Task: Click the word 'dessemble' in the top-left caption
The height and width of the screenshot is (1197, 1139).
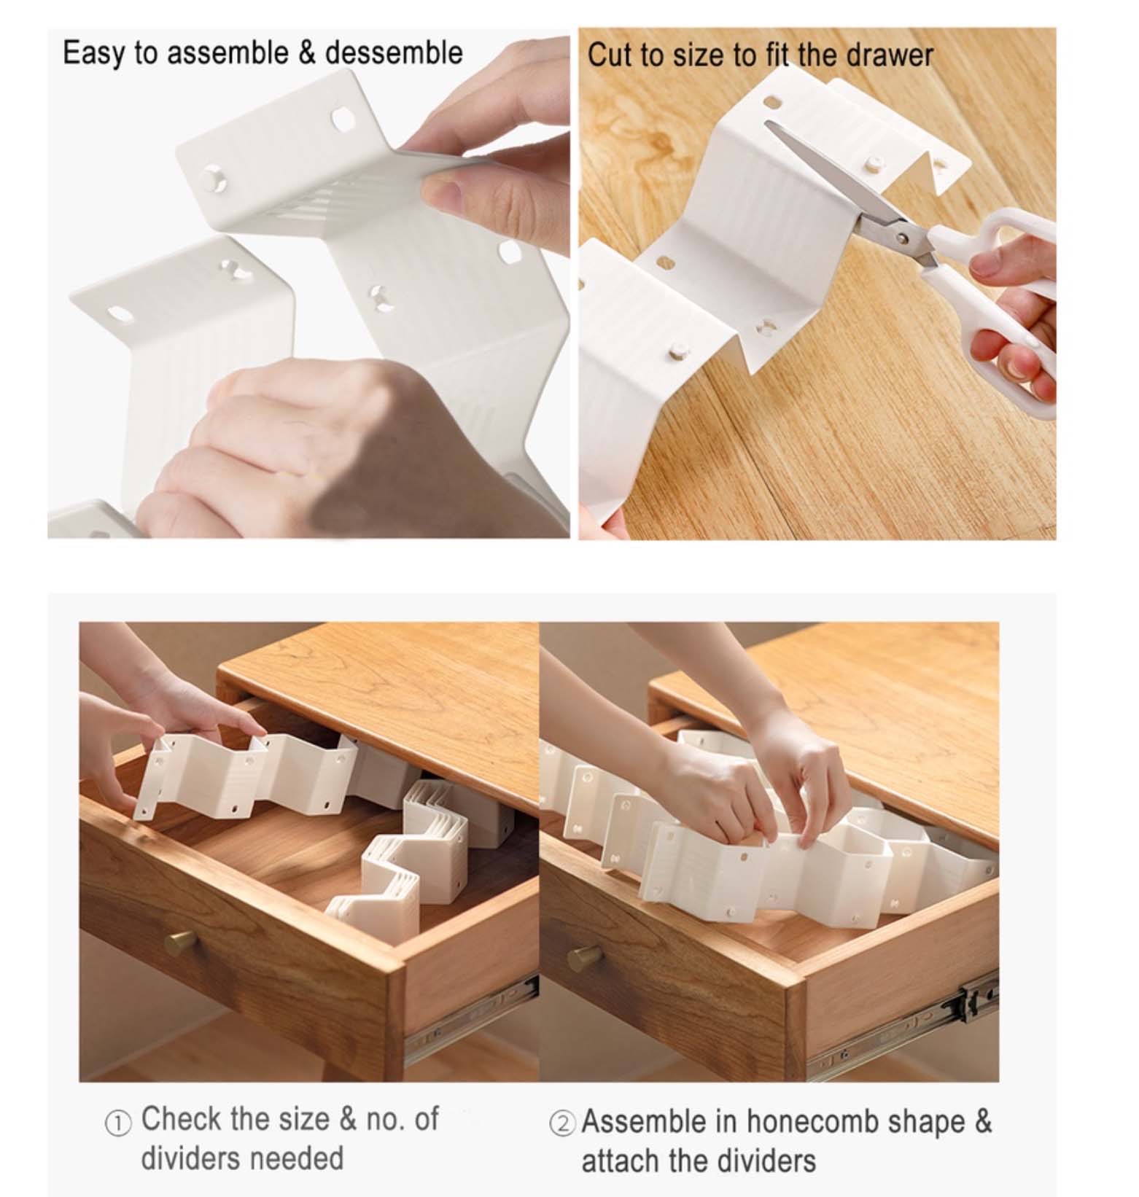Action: (x=394, y=53)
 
